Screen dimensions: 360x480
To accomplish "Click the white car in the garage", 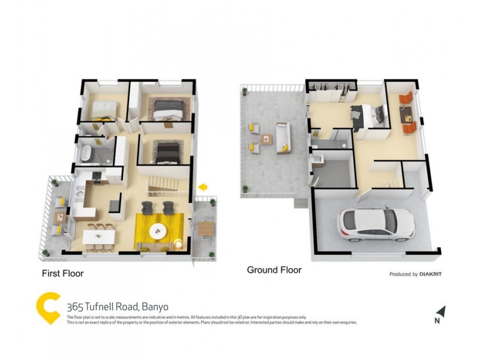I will point(376,224).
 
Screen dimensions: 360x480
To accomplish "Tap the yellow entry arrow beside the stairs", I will point(203,187).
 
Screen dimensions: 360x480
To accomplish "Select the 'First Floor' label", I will point(62,274).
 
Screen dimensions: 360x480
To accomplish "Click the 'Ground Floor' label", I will point(274,270).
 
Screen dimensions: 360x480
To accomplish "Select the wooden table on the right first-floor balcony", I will point(206,227).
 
